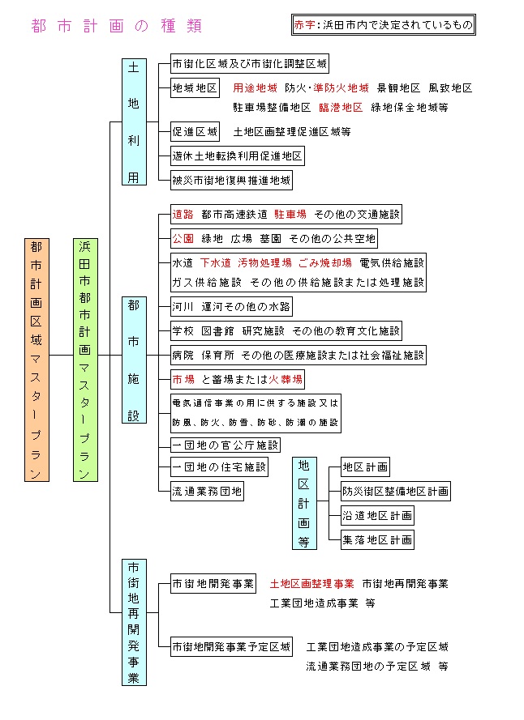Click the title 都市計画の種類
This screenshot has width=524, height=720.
(116, 26)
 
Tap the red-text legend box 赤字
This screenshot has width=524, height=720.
(383, 25)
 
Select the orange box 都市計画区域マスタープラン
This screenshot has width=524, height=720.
(37, 360)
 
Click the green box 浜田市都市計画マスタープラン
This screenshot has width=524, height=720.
(85, 360)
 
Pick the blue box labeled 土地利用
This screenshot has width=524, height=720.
(134, 121)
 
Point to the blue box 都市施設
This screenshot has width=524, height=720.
(134, 360)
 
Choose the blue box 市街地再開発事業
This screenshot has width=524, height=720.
(134, 622)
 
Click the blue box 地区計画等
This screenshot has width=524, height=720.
(304, 503)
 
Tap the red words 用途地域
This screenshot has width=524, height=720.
(255, 88)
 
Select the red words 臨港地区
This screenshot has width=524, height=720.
(341, 108)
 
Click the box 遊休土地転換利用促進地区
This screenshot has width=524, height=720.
(238, 156)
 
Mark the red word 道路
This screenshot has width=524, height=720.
(183, 215)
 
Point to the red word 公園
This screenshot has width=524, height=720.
(183, 239)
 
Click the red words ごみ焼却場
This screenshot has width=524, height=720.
(325, 263)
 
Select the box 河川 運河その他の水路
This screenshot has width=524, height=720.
(231, 307)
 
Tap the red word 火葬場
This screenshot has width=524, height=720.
(286, 380)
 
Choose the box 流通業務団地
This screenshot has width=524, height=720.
(207, 492)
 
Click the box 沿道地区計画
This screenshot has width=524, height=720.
(377, 516)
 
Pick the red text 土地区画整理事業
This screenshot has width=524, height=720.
(312, 584)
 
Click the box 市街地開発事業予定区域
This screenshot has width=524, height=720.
(231, 647)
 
